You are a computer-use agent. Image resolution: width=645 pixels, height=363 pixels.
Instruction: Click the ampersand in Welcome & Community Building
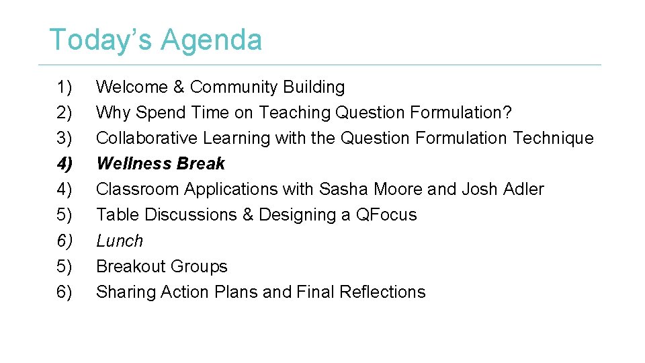point(179,87)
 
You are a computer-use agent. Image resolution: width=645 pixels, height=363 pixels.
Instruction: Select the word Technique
point(553,138)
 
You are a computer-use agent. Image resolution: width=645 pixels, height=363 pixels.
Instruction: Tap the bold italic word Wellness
point(129,163)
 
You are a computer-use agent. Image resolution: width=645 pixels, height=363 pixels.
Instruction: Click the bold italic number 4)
point(64,163)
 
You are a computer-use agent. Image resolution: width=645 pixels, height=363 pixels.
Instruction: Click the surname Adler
point(521,189)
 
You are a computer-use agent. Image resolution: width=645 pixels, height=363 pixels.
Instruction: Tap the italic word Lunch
point(120,241)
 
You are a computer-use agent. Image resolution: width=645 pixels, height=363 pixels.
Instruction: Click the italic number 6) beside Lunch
point(64,241)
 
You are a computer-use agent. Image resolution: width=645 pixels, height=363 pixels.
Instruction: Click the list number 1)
point(64,87)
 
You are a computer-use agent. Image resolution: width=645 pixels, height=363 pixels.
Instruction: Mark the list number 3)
point(64,138)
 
